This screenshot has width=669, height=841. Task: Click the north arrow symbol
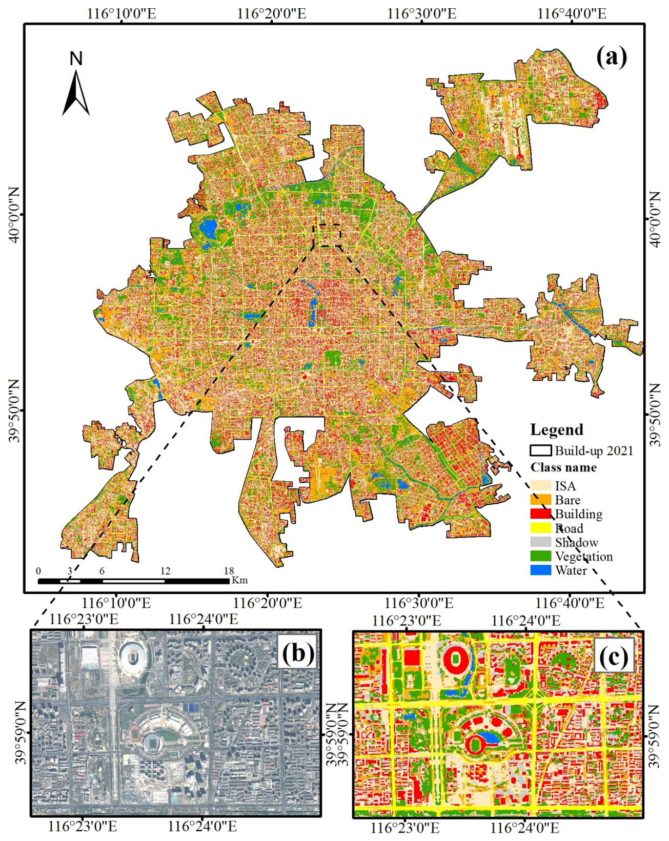click(x=76, y=92)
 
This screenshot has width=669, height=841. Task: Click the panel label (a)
click(x=611, y=57)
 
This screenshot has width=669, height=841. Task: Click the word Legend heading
click(x=557, y=429)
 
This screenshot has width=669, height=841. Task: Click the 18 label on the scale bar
click(x=229, y=571)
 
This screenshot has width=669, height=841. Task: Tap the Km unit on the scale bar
click(x=240, y=580)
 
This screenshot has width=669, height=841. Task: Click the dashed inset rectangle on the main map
click(x=327, y=235)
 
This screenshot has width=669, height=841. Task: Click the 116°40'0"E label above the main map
click(x=572, y=13)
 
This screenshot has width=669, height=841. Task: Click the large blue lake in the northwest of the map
click(x=209, y=227)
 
